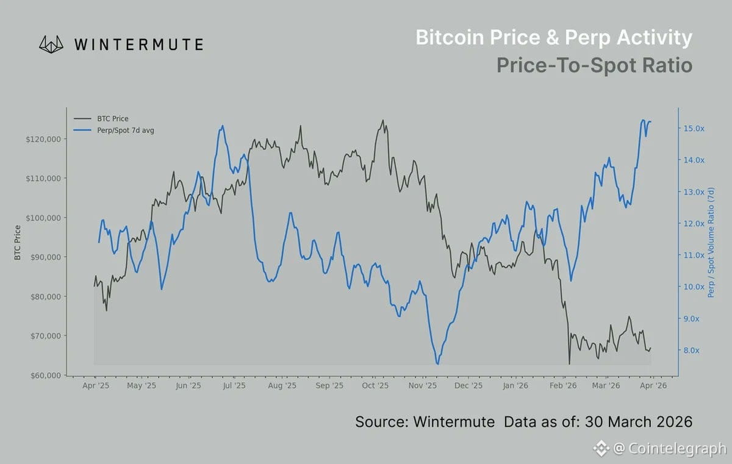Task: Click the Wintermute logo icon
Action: pos(52,44)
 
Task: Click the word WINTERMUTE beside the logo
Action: pos(138,44)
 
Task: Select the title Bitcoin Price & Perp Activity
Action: pos(553,38)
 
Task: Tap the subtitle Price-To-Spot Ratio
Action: pos(594,65)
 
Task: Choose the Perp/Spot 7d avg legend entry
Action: pos(125,130)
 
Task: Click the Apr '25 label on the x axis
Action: pos(95,386)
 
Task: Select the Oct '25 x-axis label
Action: pos(376,386)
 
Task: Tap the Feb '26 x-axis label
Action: pos(563,386)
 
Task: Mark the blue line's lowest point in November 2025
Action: pos(437,364)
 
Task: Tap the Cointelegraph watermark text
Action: pos(669,449)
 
